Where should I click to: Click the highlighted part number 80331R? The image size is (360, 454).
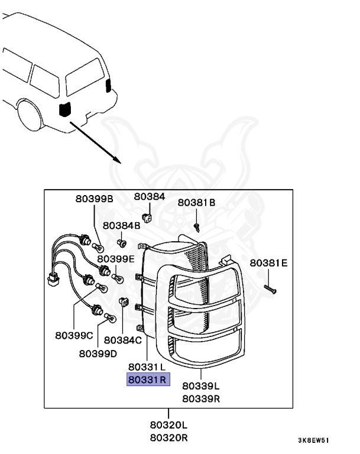(x=148, y=380)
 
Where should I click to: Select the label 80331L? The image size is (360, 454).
(x=147, y=367)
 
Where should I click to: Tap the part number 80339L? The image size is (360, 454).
(x=201, y=386)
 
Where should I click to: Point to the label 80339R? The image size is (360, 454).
(x=201, y=398)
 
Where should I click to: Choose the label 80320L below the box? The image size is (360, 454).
(x=168, y=425)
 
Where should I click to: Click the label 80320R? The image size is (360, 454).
(x=169, y=438)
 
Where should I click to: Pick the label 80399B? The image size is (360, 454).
(x=94, y=199)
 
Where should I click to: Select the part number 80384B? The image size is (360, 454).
(x=121, y=226)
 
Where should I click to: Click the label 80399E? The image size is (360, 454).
(x=116, y=259)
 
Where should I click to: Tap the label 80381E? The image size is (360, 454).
(x=268, y=263)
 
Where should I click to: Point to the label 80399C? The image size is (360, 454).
(x=74, y=336)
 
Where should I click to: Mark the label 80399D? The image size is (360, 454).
(x=98, y=354)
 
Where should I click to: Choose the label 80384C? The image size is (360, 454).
(x=122, y=340)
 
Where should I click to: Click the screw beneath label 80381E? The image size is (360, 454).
(x=270, y=289)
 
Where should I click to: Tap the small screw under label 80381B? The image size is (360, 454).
(x=197, y=227)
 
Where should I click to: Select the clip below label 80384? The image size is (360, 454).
(x=147, y=218)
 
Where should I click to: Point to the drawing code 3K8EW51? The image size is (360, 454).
(x=314, y=440)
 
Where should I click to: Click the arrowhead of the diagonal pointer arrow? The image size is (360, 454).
(x=117, y=160)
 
